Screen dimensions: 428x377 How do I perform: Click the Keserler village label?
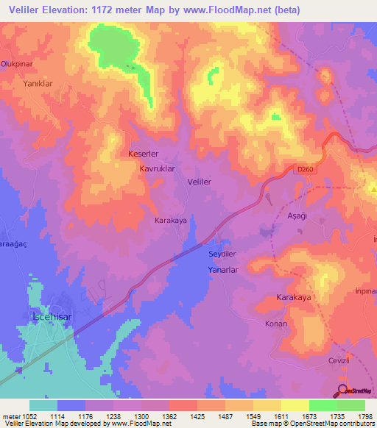(144, 154)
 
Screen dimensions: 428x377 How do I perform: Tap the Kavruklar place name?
(157, 168)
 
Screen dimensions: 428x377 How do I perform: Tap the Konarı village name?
(275, 324)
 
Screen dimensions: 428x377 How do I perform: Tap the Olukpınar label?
(18, 64)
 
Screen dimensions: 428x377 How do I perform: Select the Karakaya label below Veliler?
(172, 220)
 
